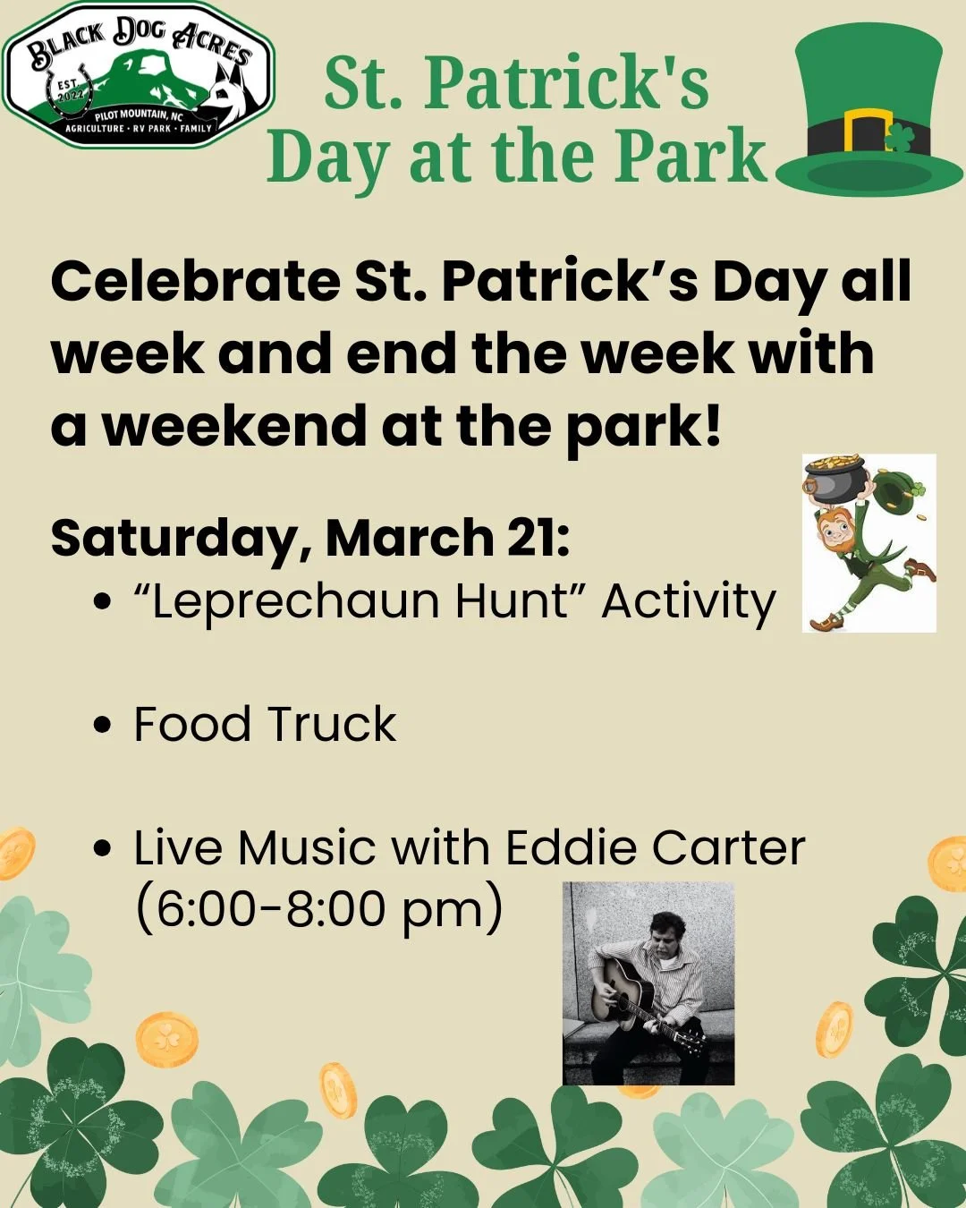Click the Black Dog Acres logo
139,75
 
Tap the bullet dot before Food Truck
105,724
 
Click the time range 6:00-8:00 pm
318,909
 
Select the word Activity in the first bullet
688,601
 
